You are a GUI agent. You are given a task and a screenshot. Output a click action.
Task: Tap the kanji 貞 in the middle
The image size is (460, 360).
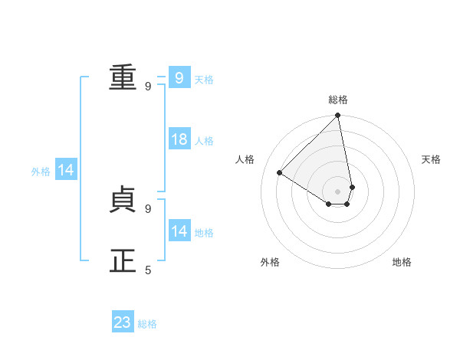123,199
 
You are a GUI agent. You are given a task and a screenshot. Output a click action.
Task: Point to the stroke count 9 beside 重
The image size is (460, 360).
148,86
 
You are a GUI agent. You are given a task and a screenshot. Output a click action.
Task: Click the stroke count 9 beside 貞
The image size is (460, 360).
148,208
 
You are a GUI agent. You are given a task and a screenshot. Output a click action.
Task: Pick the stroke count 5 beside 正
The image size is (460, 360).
148,270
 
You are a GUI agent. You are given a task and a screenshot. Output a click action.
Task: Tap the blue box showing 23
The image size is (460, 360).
123,322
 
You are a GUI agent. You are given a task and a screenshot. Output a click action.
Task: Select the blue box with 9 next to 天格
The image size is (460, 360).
179,77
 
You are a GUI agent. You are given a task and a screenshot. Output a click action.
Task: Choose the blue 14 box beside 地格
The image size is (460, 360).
179,231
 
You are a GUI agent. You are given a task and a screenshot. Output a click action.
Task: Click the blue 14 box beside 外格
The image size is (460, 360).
67,171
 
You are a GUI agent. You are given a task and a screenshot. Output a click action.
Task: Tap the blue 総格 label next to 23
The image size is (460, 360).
147,324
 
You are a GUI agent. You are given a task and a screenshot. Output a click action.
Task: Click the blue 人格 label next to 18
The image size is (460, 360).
204,141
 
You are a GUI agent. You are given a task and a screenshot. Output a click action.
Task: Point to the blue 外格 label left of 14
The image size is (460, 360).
41,172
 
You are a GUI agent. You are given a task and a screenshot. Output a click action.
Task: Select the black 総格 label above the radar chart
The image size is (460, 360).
338,100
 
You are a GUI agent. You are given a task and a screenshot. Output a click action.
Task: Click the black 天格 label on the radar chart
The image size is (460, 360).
431,159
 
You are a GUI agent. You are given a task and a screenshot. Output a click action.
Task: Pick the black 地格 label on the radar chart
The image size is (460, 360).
402,262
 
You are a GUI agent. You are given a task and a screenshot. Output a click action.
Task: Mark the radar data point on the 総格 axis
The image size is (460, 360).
338,116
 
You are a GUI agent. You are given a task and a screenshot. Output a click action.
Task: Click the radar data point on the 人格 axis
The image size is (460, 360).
280,172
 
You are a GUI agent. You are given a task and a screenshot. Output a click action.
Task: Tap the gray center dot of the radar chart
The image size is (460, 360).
338,191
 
